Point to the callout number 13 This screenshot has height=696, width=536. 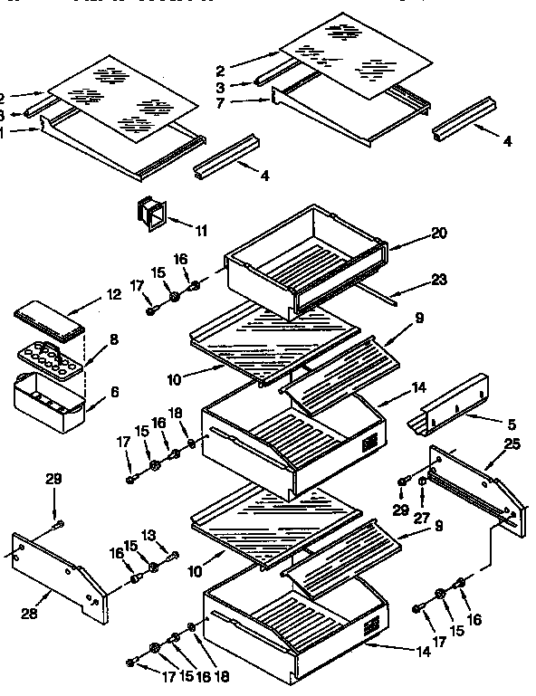[x=175, y=535]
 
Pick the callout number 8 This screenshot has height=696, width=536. [x=112, y=339]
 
